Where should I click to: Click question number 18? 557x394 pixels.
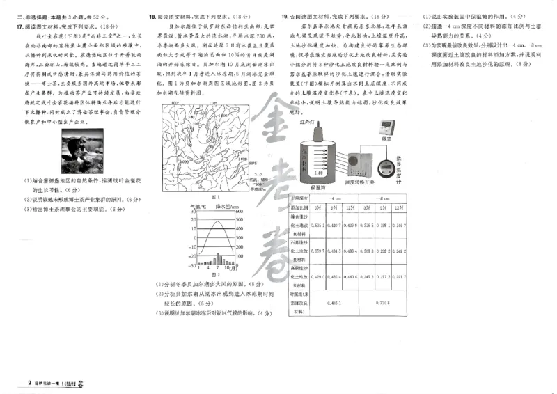click(x=152, y=16)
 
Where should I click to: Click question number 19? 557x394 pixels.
click(x=284, y=16)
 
